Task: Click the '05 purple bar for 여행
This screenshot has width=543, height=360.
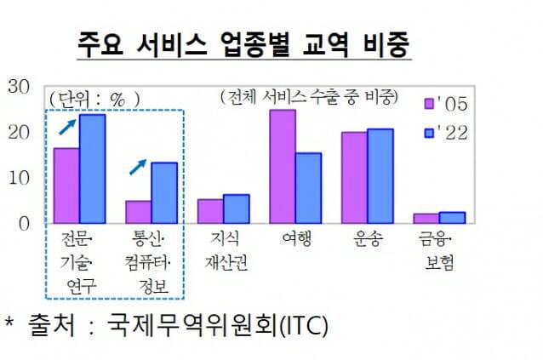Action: click(283, 166)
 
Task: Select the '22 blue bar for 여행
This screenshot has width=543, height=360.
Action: click(308, 188)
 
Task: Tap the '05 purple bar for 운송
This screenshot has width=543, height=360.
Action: click(354, 177)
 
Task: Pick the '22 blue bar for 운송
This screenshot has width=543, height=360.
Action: click(380, 175)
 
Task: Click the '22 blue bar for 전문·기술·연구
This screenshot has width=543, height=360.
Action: click(92, 169)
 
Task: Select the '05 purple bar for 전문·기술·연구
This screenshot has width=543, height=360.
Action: click(66, 186)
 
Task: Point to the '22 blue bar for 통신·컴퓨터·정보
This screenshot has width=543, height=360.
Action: click(164, 192)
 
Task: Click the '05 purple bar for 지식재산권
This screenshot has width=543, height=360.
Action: click(210, 211)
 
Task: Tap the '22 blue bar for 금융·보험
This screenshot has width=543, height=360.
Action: click(452, 217)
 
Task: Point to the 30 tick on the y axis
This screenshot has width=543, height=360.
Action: click(18, 85)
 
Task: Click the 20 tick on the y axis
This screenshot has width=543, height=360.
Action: click(18, 131)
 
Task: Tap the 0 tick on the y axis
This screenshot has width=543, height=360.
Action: click(23, 223)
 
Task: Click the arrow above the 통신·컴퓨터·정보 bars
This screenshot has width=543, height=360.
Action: click(137, 166)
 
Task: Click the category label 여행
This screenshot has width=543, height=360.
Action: click(295, 240)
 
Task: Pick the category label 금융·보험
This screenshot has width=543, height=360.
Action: click(439, 251)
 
